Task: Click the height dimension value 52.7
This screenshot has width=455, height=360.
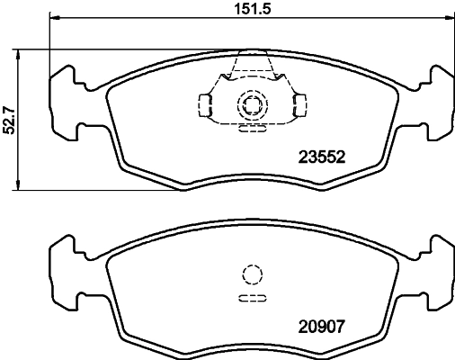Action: (x=10, y=118)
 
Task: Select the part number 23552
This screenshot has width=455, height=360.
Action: (x=322, y=156)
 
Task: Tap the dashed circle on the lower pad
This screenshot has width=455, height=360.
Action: (x=252, y=275)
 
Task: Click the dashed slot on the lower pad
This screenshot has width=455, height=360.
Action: (x=252, y=297)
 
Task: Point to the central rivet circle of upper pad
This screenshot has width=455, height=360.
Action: (x=252, y=106)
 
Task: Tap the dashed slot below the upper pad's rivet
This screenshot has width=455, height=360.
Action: (x=252, y=129)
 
